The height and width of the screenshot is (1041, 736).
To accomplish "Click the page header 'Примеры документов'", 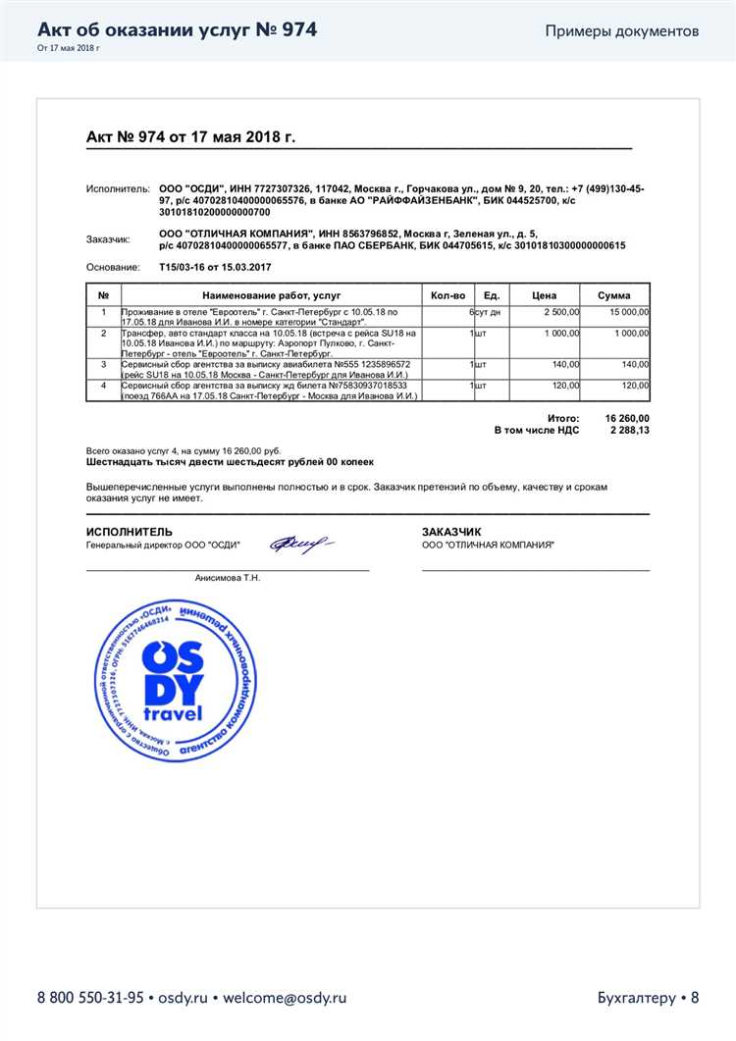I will [622, 30].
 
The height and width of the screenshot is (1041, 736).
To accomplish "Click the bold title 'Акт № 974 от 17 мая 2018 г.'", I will [190, 137].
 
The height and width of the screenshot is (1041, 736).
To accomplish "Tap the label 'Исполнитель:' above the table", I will [116, 187].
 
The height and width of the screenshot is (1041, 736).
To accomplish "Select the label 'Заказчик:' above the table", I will [108, 238].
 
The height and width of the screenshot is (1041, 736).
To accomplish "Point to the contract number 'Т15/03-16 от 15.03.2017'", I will [215, 267].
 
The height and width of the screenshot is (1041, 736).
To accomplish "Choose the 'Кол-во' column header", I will [447, 295].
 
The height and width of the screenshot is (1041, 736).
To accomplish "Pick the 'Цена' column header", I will [544, 295].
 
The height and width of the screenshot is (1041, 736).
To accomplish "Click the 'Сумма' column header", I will [613, 295].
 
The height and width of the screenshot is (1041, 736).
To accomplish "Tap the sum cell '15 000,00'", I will [629, 311].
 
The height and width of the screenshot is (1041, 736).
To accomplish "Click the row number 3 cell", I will [103, 364].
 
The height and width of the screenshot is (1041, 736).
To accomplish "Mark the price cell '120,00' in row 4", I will [565, 386].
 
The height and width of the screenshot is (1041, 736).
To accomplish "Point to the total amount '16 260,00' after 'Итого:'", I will [627, 417].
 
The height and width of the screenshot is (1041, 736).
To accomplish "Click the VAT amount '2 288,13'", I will [629, 430].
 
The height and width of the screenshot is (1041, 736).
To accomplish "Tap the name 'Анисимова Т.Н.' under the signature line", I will [228, 578].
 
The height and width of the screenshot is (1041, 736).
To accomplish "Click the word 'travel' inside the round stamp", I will [173, 712].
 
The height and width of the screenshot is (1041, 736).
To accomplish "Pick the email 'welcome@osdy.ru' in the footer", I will [285, 998].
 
